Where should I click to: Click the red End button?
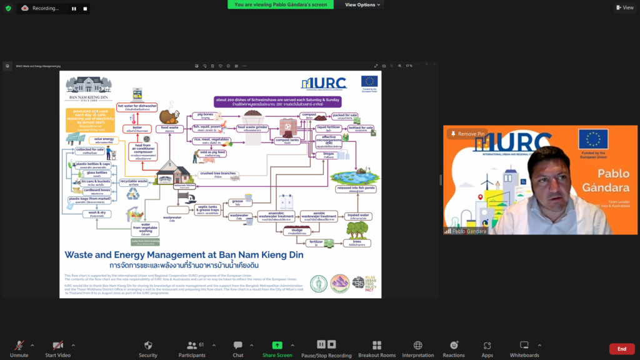(x=621, y=349)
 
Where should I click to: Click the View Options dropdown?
(x=362, y=5)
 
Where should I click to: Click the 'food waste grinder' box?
(x=252, y=128)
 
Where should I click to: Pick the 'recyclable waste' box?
(x=134, y=182)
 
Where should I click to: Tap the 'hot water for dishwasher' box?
(x=137, y=107)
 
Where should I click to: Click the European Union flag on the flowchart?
(x=369, y=82)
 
